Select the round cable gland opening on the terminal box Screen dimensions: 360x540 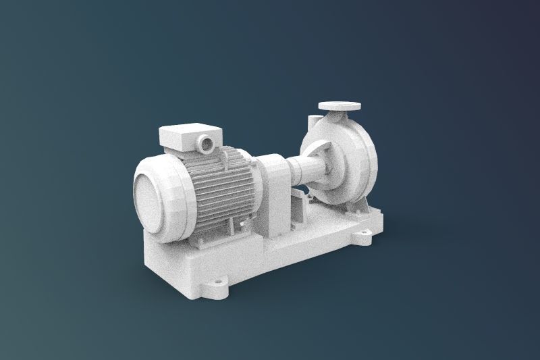(x=205, y=143)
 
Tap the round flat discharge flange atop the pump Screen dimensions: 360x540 (x=340, y=106)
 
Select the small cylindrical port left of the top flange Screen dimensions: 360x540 (x=311, y=122)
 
